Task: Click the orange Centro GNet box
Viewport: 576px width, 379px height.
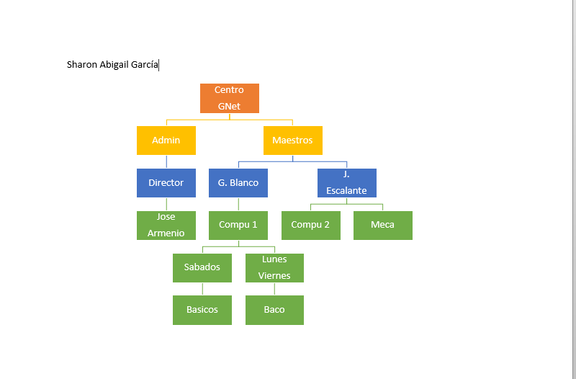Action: point(230,98)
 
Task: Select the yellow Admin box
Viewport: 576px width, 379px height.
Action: point(166,141)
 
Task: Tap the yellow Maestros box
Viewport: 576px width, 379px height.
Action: point(293,141)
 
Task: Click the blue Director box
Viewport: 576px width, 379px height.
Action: point(166,183)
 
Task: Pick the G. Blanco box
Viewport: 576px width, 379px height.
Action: point(238,183)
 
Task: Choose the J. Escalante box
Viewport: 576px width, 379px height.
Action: point(347,183)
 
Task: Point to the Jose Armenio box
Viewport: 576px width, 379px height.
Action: point(166,226)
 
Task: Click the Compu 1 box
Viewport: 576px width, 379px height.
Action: point(238,226)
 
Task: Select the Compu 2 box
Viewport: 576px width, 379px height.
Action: point(311,226)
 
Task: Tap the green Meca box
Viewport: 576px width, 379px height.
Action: point(383,226)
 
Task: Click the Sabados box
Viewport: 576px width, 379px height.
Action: point(202,268)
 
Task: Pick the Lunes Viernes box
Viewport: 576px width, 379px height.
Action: point(275,268)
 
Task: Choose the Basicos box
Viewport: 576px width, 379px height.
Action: point(202,311)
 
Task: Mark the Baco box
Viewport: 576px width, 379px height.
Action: point(275,311)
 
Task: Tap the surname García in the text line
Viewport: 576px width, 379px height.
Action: point(145,65)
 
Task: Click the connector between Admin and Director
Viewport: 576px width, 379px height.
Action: point(166,161)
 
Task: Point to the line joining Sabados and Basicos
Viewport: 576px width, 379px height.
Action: point(202,289)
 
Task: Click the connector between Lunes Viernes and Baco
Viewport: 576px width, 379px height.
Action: point(274,289)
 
